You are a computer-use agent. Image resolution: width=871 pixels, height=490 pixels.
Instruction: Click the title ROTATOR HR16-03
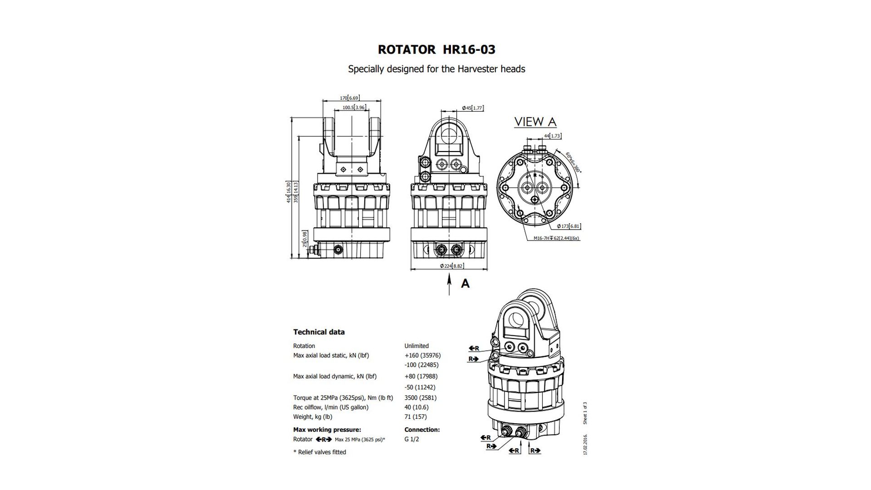click(x=436, y=49)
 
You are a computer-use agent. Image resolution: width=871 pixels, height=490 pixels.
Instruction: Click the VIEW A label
click(x=535, y=122)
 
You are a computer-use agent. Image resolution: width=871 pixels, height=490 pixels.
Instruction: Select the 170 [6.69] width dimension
click(x=349, y=98)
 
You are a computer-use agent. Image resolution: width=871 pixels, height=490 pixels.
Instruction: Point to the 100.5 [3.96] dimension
click(x=354, y=108)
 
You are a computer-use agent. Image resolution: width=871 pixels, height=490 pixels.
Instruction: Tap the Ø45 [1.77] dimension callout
click(x=472, y=108)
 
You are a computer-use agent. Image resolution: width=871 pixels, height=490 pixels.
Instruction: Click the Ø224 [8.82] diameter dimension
click(x=451, y=266)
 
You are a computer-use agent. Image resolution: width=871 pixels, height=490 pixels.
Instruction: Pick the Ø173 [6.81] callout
click(x=568, y=226)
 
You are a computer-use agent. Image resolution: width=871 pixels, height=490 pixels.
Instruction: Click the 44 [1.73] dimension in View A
click(x=552, y=136)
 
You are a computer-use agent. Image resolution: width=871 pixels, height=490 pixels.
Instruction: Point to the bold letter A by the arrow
click(x=465, y=284)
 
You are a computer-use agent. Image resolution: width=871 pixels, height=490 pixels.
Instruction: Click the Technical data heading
click(x=319, y=332)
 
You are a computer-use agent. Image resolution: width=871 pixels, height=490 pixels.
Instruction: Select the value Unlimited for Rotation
click(x=416, y=346)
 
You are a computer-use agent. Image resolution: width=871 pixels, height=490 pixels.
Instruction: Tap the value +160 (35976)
click(x=422, y=355)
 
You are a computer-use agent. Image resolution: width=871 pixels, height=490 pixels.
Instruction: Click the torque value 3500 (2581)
click(x=421, y=397)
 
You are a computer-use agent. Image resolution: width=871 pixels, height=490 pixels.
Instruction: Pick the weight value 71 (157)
click(x=416, y=416)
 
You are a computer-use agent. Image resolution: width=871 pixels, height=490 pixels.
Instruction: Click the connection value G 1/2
click(x=411, y=439)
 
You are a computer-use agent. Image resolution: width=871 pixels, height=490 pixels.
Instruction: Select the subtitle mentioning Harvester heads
click(x=436, y=69)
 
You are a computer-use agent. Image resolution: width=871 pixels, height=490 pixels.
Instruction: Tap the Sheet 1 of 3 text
click(x=585, y=413)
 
